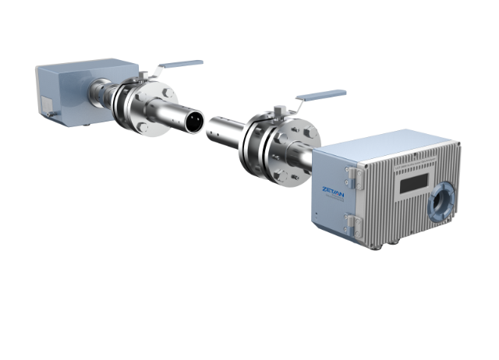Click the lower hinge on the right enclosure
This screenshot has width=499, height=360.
357,224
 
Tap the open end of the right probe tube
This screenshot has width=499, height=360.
213,129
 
